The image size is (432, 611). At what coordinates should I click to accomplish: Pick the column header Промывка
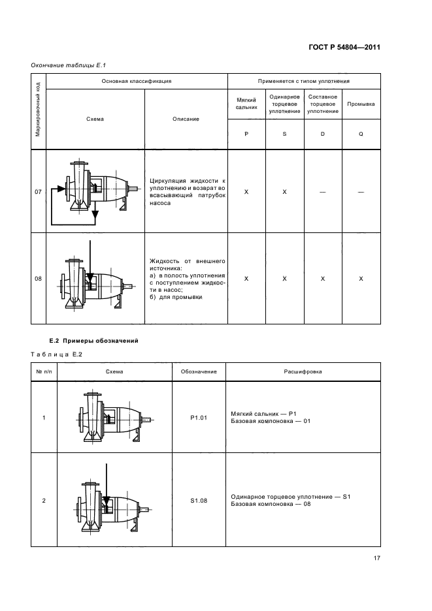[x=361, y=104]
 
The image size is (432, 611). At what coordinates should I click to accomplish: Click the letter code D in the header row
[x=323, y=133]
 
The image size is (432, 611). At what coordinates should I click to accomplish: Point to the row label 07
[x=38, y=192]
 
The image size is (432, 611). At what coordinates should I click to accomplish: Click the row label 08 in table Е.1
[x=38, y=279]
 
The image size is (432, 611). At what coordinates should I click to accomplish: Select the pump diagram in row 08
[x=93, y=277]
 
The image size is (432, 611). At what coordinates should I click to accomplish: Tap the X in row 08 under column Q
[x=361, y=279]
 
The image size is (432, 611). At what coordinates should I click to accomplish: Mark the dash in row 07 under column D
[x=323, y=192]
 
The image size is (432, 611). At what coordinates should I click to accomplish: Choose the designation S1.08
[x=198, y=501]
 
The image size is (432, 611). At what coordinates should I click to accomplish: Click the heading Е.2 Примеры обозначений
[x=93, y=341]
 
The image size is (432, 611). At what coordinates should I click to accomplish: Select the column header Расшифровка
[x=302, y=371]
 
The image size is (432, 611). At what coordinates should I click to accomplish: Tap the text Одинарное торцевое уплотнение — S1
[x=291, y=497]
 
